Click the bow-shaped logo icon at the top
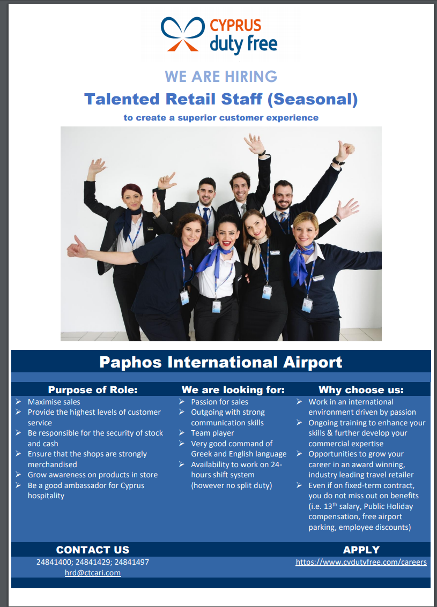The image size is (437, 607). pos(183,34)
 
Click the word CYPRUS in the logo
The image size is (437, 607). pos(235,26)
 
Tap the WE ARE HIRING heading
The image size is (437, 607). pos(221,76)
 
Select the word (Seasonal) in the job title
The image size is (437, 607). pos(313,99)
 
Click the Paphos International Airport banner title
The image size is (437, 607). pos(221,362)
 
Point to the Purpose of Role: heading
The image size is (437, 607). pos(93,390)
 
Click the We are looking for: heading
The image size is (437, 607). pos(233,390)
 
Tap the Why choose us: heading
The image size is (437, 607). pos(361,390)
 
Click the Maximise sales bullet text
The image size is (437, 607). pos(54,402)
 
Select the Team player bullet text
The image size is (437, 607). pos(212,433)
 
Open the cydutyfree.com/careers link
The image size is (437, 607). pos(361,562)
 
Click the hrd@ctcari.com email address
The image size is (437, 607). pos(93,573)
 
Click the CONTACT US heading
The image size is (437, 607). pos(93,550)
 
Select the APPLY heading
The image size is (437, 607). pos(361,550)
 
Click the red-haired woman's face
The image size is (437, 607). pos(132,198)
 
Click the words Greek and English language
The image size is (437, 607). pos(239,454)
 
